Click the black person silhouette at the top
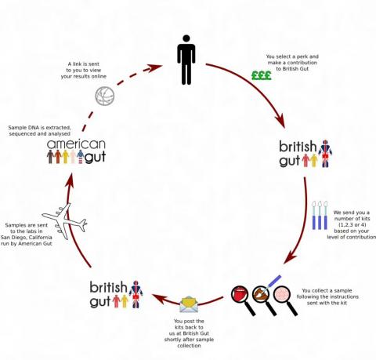(186, 60)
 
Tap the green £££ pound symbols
(262, 75)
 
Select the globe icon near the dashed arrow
(105, 96)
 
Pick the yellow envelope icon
(189, 304)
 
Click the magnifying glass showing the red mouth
(244, 300)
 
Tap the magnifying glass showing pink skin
(285, 300)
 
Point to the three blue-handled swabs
(320, 216)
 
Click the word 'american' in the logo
(76, 144)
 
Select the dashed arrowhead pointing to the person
(154, 68)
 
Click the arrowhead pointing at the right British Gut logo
(280, 121)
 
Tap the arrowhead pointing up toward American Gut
(70, 180)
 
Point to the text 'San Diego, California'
(27, 238)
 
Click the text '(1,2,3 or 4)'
(352, 225)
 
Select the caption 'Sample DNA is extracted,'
(40, 128)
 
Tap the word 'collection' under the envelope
(189, 346)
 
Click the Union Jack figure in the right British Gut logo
(325, 154)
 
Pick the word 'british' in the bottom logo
(108, 287)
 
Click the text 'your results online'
(84, 76)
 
